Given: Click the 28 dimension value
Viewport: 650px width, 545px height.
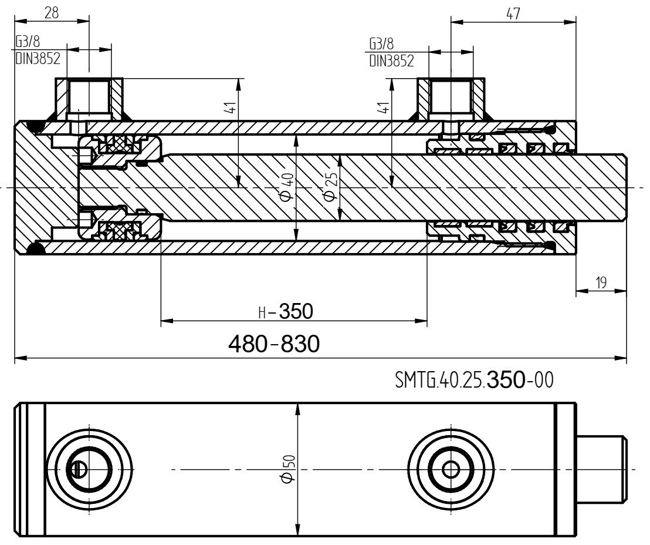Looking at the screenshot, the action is (52, 13).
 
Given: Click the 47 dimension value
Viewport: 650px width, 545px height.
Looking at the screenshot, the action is (513, 14).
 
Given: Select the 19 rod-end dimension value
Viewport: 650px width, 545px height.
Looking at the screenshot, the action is (601, 282).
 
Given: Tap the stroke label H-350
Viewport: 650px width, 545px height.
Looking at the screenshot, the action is (286, 311).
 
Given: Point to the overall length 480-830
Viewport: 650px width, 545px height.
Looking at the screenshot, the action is (274, 344).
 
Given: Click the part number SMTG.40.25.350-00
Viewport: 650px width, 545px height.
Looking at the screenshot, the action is (474, 380).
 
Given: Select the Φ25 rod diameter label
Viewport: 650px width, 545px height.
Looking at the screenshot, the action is (330, 187).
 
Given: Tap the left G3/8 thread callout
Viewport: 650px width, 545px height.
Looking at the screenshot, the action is (28, 42).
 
